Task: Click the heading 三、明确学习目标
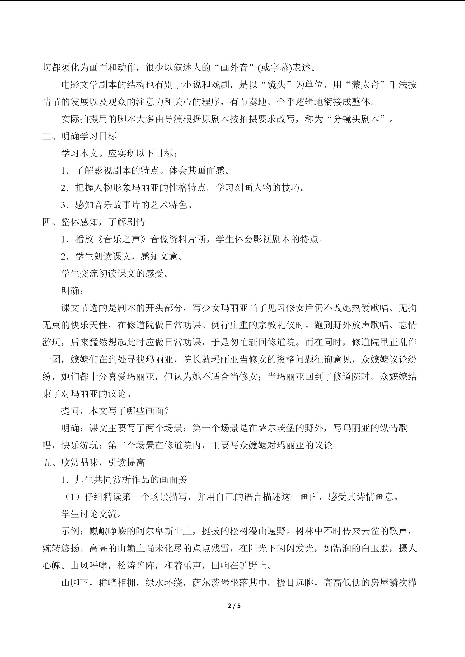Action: click(x=80, y=136)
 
